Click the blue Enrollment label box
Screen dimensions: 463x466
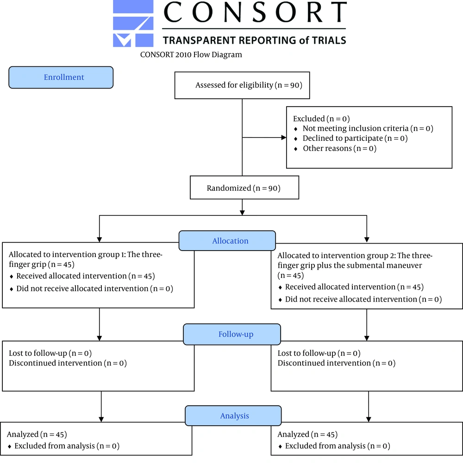click(61, 77)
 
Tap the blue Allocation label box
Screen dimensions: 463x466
click(227, 241)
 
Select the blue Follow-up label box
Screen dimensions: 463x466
click(232, 334)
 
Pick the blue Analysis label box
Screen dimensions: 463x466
click(233, 416)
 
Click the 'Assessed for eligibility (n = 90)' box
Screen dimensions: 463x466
click(242, 85)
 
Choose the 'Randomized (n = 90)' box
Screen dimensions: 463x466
click(244, 188)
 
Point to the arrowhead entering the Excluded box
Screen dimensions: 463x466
click(284, 138)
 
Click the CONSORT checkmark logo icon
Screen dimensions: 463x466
click(133, 24)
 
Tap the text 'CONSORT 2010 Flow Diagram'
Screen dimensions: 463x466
click(191, 55)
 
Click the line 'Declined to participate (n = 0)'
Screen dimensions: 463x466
click(355, 138)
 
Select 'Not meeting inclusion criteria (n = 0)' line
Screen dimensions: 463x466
click(368, 128)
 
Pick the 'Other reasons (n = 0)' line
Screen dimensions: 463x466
click(339, 148)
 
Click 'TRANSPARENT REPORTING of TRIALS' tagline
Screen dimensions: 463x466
click(254, 40)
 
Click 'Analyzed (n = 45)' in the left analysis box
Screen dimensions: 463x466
click(37, 435)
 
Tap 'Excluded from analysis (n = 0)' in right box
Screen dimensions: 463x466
click(338, 446)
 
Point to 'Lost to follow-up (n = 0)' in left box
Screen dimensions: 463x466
click(50, 353)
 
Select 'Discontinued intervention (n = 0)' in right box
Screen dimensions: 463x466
click(337, 363)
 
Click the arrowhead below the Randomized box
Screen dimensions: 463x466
click(242, 213)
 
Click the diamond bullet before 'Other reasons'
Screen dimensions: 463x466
click(295, 149)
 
